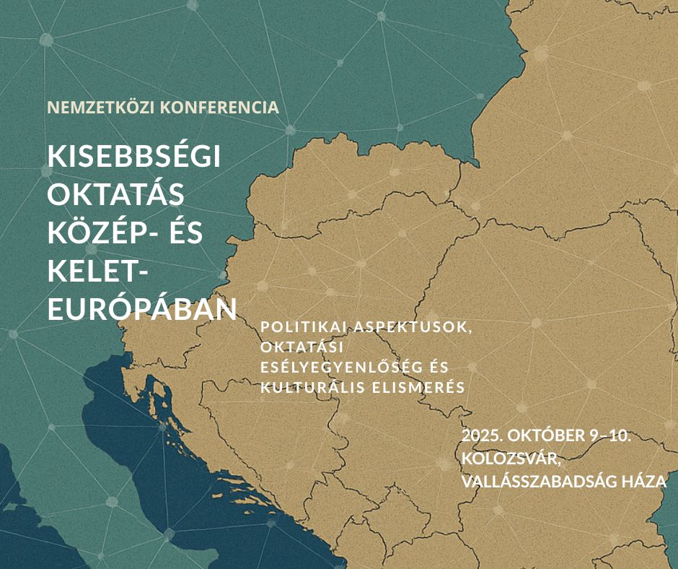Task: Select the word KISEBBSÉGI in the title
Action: [133, 157]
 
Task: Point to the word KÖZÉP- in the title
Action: [110, 233]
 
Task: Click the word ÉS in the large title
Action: [206, 233]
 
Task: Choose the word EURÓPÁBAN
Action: [142, 309]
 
